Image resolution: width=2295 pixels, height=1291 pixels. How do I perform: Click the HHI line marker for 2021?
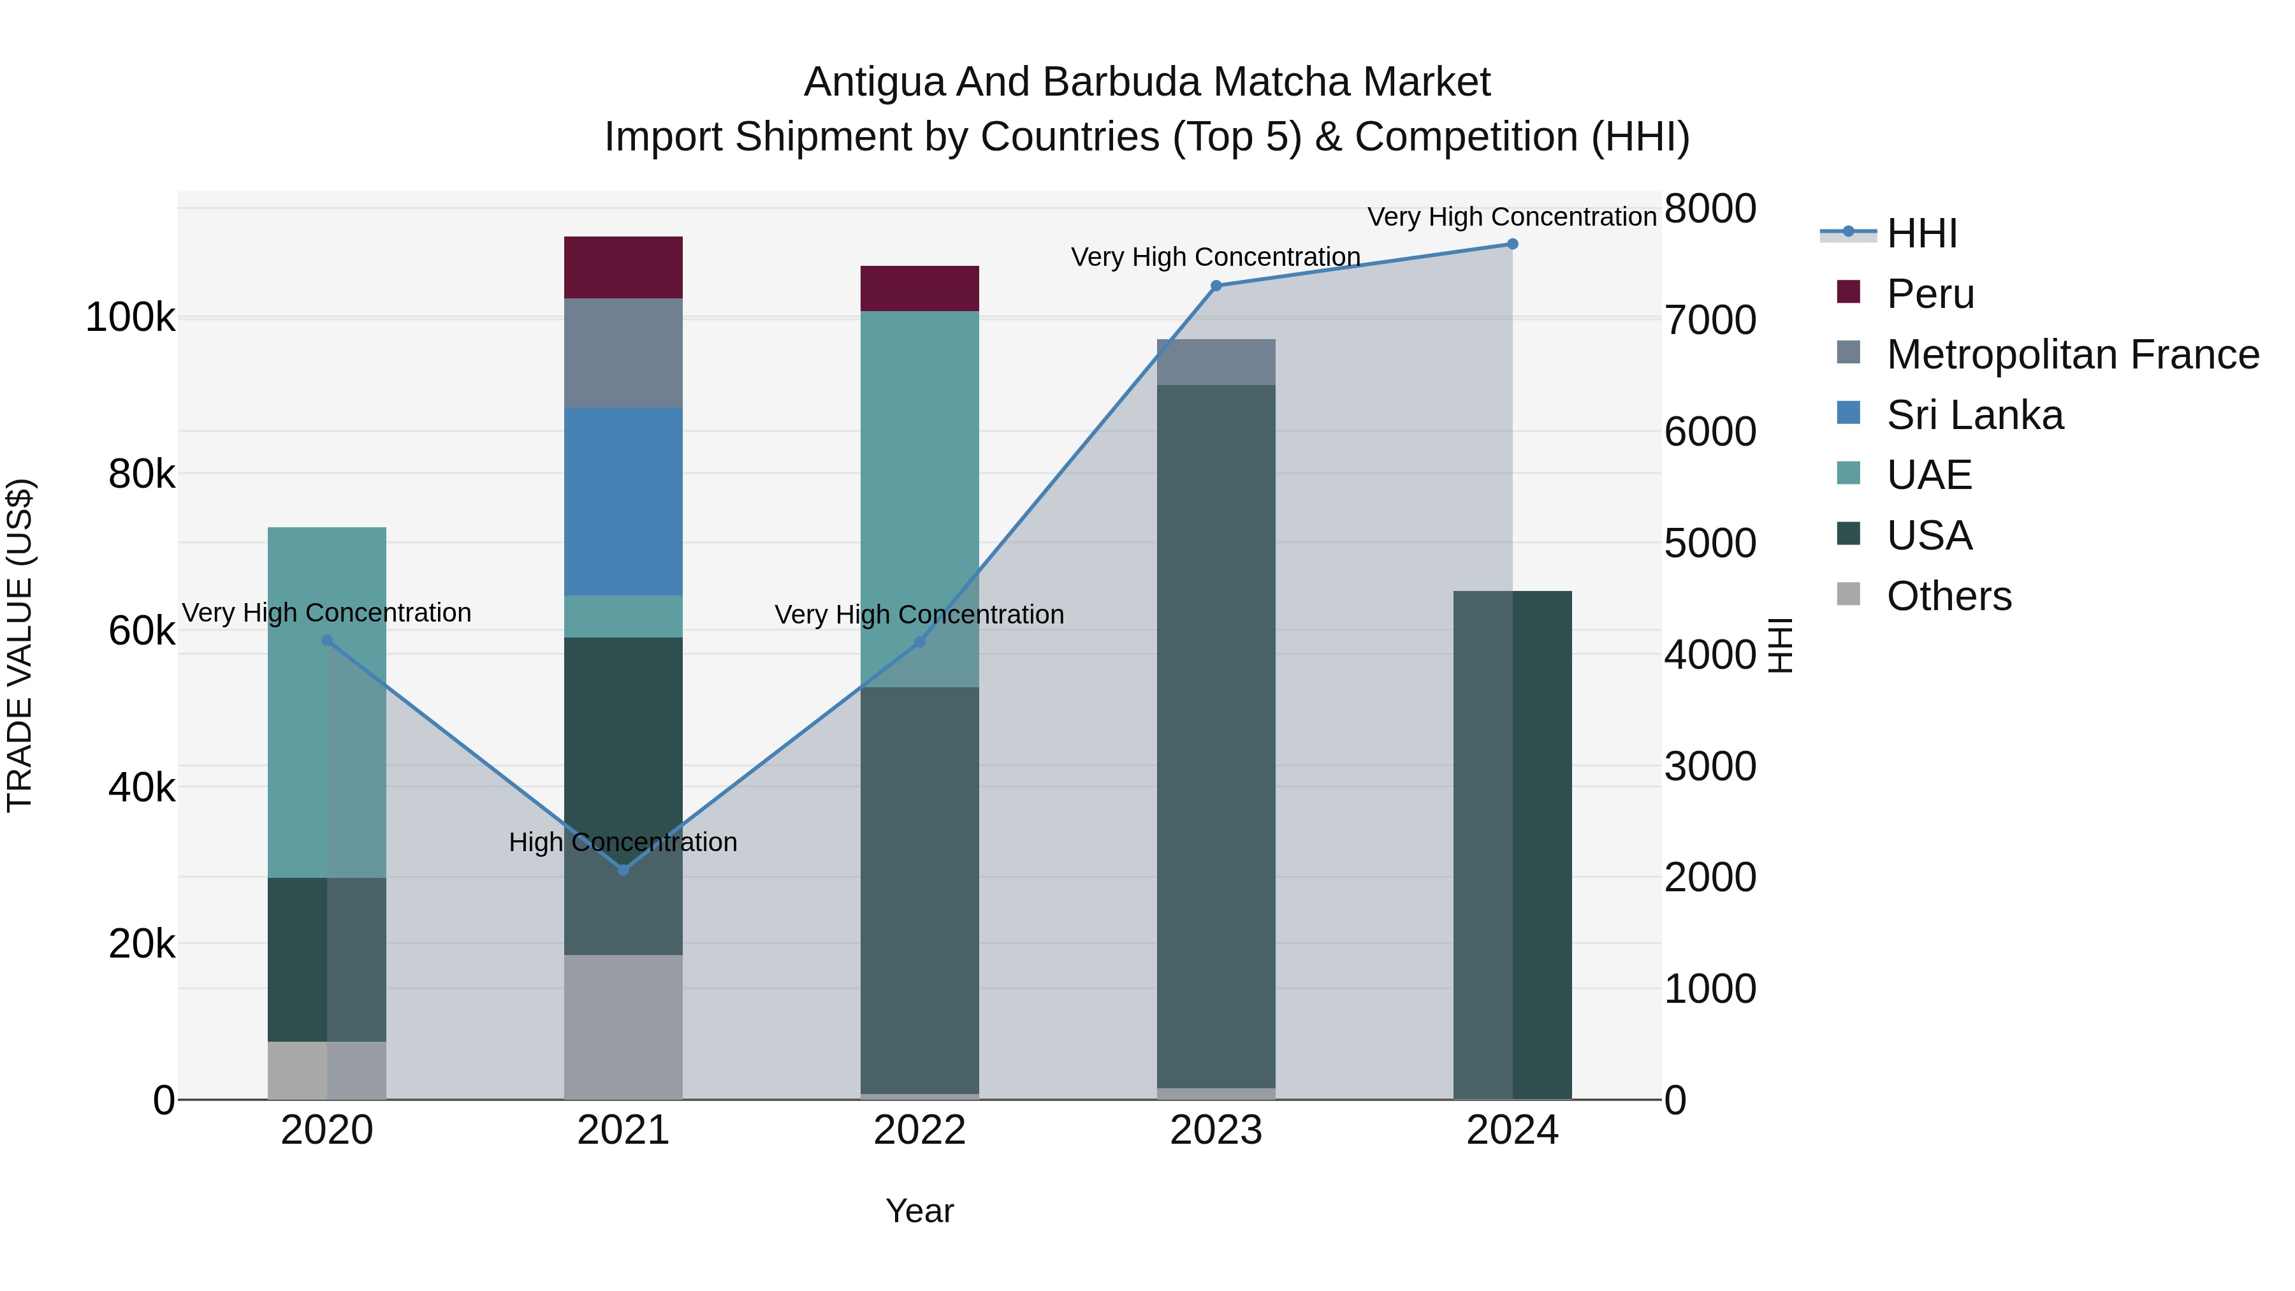(623, 870)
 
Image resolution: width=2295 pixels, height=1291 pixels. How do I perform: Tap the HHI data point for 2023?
(1216, 286)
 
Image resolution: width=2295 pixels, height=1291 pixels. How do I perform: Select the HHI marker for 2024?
(1512, 244)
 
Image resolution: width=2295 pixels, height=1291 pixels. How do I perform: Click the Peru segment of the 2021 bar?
(623, 267)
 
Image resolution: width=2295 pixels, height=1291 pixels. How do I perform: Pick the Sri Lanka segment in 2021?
(623, 500)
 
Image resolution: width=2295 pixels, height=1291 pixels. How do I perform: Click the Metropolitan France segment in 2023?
(1216, 361)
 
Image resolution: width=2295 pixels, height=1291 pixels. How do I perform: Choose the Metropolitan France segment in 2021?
(623, 353)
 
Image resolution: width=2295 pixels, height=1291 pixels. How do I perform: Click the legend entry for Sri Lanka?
(1974, 415)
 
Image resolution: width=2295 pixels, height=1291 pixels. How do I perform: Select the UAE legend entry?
(1929, 475)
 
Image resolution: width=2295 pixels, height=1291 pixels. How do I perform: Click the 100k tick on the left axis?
(130, 318)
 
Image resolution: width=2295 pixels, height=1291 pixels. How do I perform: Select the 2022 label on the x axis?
(919, 1130)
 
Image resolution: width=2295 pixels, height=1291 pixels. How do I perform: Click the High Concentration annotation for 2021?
(623, 842)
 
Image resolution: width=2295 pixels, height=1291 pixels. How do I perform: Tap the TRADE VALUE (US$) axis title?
(20, 645)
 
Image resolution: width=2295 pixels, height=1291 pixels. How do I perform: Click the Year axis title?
(919, 1211)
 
